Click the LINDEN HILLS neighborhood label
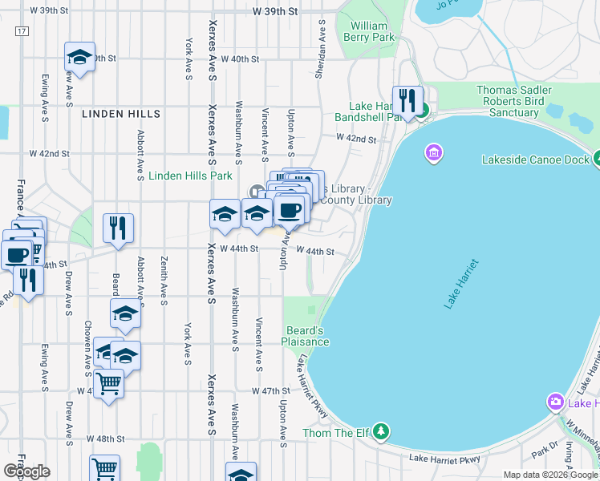(121, 114)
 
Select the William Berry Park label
(369, 31)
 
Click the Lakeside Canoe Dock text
(535, 160)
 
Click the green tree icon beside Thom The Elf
(382, 433)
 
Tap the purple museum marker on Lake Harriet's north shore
(434, 152)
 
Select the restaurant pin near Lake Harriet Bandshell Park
(407, 101)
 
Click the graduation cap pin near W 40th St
(79, 57)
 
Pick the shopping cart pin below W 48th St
(104, 469)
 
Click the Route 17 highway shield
(21, 30)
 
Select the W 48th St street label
(107, 439)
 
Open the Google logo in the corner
(26, 471)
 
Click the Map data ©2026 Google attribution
(550, 475)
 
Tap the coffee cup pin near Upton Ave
(289, 211)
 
